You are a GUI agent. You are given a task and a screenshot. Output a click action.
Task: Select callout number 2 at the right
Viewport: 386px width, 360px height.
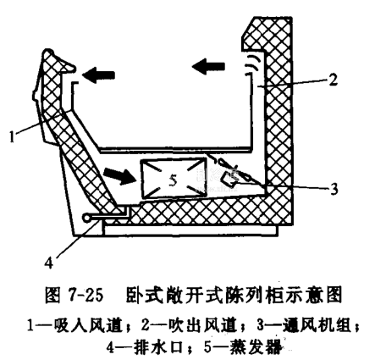tap(333, 80)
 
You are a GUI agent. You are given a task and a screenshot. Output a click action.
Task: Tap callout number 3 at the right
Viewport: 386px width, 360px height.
tap(334, 189)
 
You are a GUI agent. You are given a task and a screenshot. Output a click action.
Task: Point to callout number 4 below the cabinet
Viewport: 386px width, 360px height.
tap(49, 263)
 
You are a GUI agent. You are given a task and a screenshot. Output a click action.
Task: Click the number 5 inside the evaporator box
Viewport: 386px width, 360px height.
tap(174, 180)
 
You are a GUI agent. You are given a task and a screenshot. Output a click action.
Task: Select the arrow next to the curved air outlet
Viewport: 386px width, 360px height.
tap(208, 67)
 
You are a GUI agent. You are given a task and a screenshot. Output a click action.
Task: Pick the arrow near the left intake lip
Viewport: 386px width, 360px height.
tap(98, 75)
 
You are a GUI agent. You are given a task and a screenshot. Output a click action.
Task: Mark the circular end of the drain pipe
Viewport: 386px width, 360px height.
tap(86, 217)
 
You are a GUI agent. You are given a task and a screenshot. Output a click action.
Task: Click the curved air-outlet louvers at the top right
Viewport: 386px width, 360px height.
tap(250, 64)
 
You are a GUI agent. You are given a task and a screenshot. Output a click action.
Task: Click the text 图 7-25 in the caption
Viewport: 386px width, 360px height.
tap(74, 296)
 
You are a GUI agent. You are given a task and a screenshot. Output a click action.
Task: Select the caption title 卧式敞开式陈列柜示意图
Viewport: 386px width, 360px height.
tap(234, 296)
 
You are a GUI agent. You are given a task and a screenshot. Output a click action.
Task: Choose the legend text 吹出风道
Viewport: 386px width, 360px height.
tap(202, 325)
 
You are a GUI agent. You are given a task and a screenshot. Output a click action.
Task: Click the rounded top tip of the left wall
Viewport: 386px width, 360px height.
tap(48, 52)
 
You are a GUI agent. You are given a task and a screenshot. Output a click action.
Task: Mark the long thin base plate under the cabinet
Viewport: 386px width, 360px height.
tap(190, 230)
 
